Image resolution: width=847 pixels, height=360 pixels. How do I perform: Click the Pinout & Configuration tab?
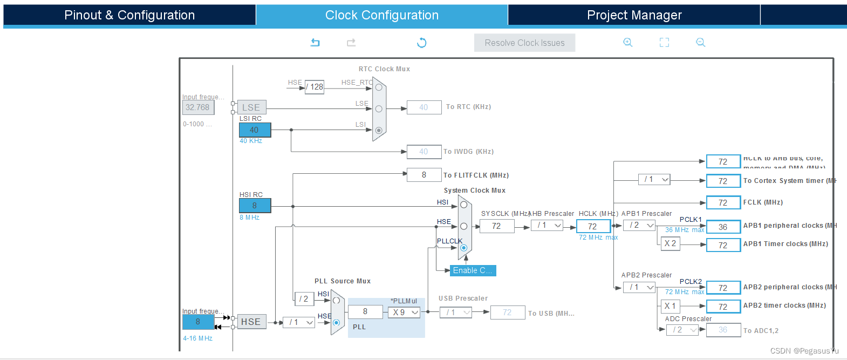tap(129, 15)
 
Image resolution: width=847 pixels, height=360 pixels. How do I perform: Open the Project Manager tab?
tap(634, 15)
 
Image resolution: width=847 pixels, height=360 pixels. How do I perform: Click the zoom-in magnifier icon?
tap(627, 42)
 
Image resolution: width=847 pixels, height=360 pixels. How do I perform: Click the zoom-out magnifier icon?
tap(700, 42)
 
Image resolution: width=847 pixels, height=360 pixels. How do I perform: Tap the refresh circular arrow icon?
tap(422, 43)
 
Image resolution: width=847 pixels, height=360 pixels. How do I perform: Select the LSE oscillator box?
tap(251, 107)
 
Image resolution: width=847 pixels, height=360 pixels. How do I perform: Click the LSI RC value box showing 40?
tap(255, 130)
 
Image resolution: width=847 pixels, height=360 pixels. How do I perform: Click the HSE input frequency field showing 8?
tap(198, 322)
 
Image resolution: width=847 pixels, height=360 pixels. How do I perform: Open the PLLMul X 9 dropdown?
tap(404, 313)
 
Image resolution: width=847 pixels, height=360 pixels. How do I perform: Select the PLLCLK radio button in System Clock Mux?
tap(463, 248)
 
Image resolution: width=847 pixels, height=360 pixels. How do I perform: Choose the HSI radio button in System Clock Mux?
tap(463, 205)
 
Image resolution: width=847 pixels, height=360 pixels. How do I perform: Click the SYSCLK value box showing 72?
tap(496, 226)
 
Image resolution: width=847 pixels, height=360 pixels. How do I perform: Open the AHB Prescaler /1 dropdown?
tap(548, 225)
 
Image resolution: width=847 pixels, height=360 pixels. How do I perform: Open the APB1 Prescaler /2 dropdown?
tap(639, 225)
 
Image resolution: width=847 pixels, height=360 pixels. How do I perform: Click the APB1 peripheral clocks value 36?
tap(723, 227)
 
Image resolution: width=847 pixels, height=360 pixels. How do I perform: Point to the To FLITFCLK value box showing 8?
tap(424, 175)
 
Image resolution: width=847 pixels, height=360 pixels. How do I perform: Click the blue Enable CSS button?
tap(473, 270)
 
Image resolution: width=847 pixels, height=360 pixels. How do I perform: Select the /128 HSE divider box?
tap(315, 87)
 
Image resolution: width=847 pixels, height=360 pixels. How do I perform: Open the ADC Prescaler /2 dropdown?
tap(682, 330)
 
